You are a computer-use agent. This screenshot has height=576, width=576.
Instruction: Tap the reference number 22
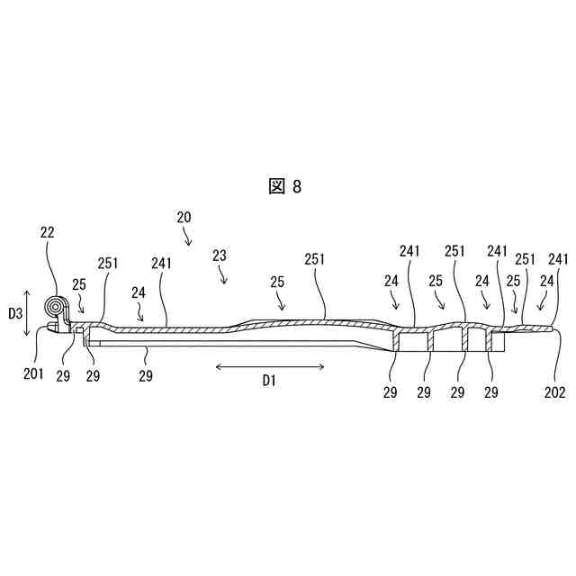(48, 232)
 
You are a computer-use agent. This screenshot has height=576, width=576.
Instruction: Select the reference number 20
(184, 217)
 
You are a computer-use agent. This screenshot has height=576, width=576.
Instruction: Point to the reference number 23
(220, 256)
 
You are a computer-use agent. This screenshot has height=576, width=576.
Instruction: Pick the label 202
(554, 391)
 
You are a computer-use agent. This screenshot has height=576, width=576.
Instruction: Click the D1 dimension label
(270, 382)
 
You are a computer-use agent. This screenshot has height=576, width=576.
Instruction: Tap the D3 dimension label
(15, 313)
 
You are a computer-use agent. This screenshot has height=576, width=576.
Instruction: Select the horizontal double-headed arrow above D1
(270, 365)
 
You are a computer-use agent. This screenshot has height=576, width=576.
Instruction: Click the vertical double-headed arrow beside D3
(29, 313)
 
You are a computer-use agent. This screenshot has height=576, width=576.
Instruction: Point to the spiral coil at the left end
(57, 308)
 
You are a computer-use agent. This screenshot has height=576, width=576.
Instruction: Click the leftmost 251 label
(108, 265)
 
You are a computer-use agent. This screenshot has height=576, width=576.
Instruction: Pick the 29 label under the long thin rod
(146, 376)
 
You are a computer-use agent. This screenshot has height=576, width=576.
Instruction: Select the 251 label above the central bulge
(314, 258)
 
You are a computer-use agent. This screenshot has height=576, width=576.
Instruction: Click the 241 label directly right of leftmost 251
(162, 265)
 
